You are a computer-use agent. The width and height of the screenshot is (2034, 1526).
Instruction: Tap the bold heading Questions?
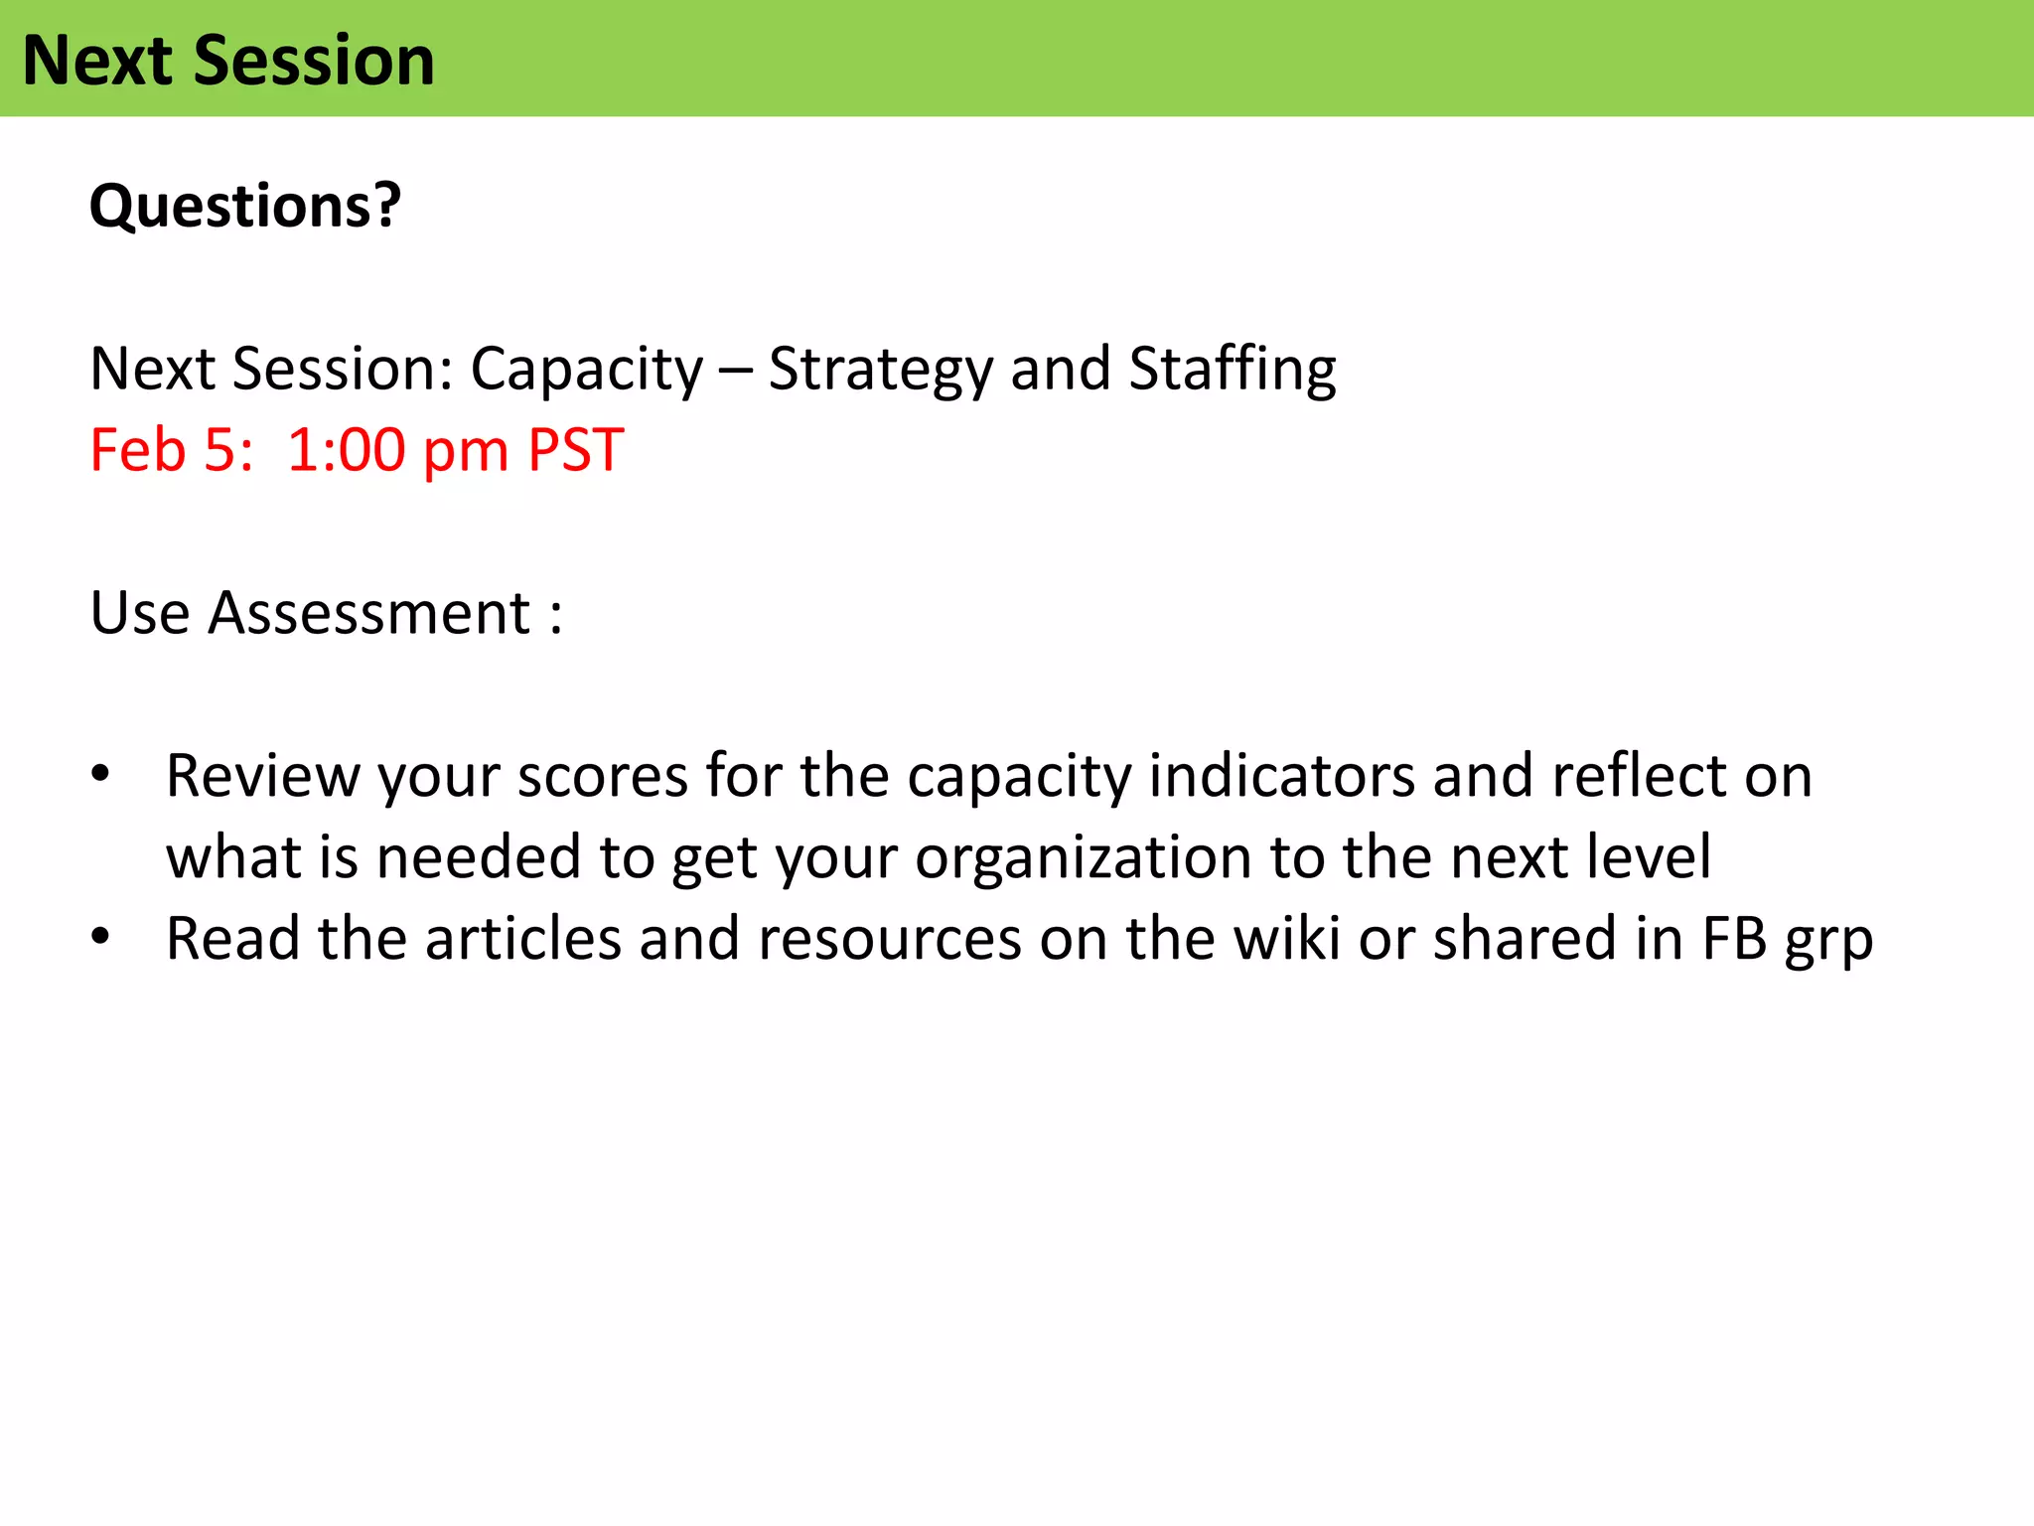245,206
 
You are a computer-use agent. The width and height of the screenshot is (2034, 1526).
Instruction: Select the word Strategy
880,370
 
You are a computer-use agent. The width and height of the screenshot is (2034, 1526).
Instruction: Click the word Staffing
1232,370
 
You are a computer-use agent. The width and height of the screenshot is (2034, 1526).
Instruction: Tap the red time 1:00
347,450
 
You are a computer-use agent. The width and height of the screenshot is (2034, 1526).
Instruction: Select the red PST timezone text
575,450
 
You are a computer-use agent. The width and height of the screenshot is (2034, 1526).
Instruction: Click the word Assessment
369,613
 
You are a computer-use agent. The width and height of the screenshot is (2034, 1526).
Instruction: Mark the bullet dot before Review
99,774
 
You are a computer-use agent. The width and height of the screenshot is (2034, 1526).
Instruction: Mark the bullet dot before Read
99,937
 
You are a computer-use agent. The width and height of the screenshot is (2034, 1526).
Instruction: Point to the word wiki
1285,939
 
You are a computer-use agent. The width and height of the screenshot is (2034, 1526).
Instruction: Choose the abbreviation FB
1734,939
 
